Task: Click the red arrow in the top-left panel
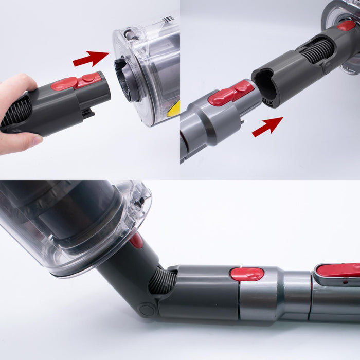pos(91,58)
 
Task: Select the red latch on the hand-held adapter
pos(77,82)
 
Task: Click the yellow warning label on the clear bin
pos(174,109)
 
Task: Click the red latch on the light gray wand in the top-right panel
pos(229,93)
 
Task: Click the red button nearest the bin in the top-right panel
pos(346,25)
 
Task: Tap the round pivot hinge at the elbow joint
pos(147,310)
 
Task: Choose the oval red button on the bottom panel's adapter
pos(247,274)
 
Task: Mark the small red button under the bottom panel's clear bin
pos(136,240)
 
